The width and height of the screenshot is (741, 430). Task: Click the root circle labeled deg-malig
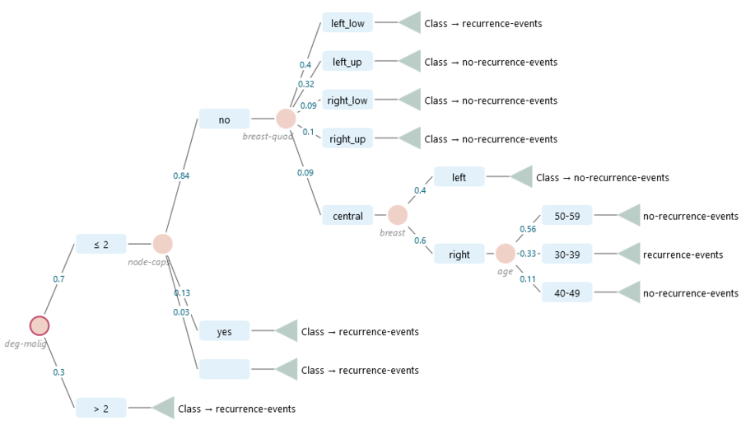[40, 325]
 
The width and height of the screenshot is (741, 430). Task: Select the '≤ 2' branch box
[101, 244]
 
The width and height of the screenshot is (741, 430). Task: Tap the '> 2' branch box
[101, 408]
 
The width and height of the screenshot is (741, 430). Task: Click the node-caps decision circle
[162, 244]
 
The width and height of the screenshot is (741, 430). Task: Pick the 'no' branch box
[224, 119]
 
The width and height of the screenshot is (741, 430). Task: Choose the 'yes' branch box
[224, 331]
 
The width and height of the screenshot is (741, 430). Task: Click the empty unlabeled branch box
[224, 369]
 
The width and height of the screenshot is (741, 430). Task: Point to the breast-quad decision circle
[286, 119]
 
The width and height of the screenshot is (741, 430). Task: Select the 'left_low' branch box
[347, 23]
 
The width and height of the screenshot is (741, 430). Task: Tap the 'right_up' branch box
[347, 138]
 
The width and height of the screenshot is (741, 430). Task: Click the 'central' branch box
[347, 216]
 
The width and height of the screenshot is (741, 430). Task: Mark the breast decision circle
[398, 215]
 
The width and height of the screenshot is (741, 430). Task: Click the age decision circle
[506, 254]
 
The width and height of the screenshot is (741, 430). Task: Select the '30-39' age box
[566, 255]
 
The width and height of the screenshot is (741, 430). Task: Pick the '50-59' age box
[566, 216]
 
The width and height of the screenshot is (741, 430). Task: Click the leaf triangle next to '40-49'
[631, 292]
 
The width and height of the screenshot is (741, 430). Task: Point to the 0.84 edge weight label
[181, 175]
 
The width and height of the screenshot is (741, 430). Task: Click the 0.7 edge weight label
[58, 279]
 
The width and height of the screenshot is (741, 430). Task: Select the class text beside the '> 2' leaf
[236, 409]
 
